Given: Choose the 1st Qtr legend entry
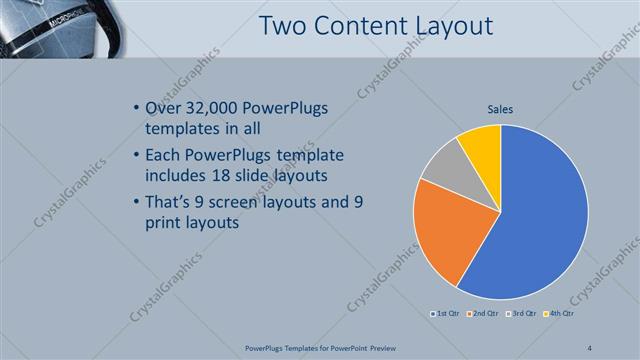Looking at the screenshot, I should pos(446,314).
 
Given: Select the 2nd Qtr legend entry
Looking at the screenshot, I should pos(484,314).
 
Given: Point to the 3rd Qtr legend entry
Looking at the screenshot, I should pos(523,314).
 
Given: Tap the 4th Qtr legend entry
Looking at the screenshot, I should pos(559,314).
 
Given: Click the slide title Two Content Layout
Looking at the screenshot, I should pos(375,26).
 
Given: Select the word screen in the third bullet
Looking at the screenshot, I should pos(256,201).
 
